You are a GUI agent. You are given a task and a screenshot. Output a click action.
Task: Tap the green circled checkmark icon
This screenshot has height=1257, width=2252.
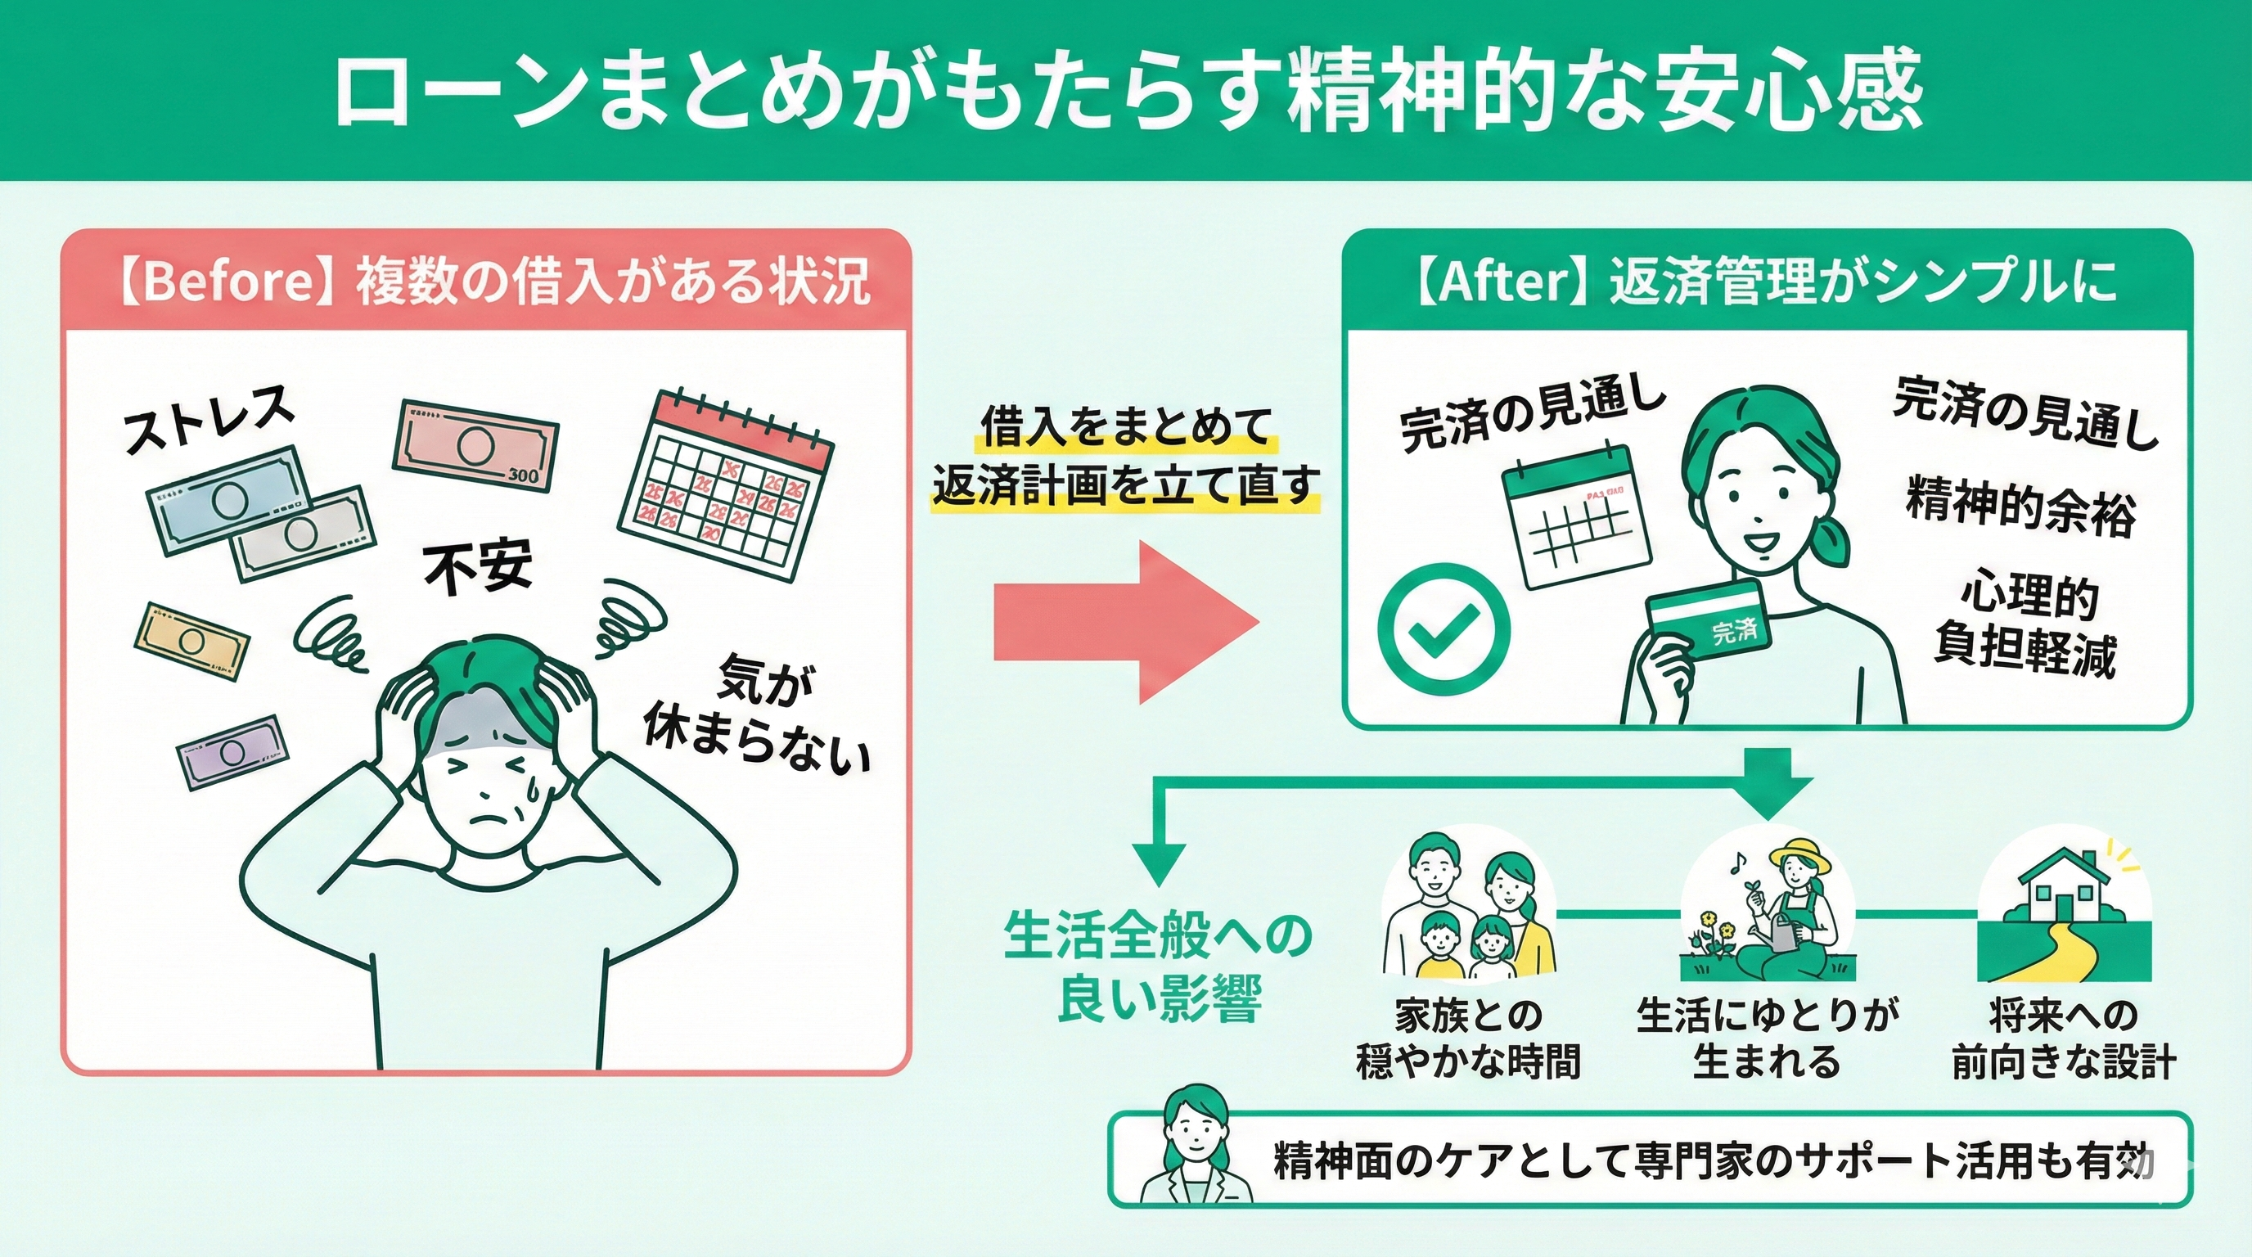[1444, 628]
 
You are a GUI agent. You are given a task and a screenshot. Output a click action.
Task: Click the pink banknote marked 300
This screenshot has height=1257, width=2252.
[477, 445]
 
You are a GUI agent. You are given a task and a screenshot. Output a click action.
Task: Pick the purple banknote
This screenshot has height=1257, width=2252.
[233, 752]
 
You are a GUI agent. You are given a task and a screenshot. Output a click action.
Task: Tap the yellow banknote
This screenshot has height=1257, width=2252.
[191, 641]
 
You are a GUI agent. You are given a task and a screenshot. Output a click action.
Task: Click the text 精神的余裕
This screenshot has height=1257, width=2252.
[2020, 507]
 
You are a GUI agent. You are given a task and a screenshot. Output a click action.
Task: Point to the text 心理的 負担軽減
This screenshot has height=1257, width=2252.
[2023, 627]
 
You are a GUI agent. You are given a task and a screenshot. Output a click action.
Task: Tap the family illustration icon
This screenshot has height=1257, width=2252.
[1469, 909]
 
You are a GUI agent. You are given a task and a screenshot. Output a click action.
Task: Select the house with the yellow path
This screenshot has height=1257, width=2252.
[2063, 909]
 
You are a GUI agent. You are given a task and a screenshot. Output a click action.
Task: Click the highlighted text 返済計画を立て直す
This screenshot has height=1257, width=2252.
[1125, 484]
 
